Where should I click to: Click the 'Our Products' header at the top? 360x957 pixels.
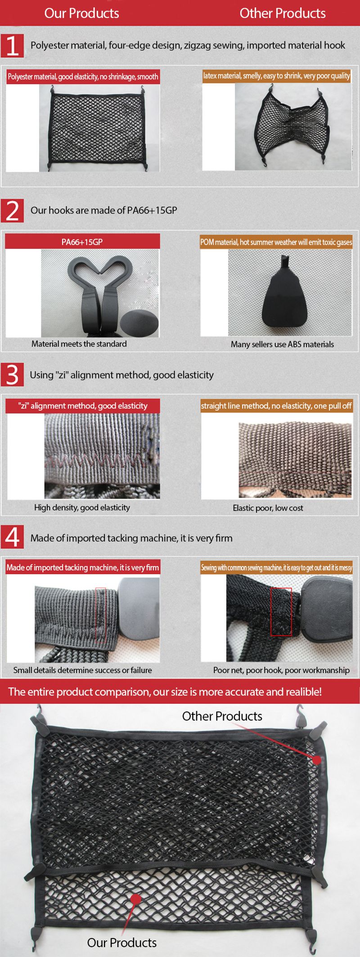click(81, 13)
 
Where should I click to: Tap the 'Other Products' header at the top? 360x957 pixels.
click(283, 13)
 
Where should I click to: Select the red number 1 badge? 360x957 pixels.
click(12, 45)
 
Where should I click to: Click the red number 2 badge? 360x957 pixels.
click(12, 211)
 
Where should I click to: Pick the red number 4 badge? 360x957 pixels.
click(12, 537)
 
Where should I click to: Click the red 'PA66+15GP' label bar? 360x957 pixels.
click(82, 242)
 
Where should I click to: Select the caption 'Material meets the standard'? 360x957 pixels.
click(79, 344)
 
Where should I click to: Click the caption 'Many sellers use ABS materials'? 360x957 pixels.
click(282, 344)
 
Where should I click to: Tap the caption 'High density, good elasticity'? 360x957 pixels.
click(82, 508)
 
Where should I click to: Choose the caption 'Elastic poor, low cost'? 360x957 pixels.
click(268, 508)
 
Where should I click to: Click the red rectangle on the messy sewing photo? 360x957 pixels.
click(281, 611)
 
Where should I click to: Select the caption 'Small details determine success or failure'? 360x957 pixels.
click(82, 670)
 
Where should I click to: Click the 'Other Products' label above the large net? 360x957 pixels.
click(222, 716)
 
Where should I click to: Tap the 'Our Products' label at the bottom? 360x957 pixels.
click(122, 943)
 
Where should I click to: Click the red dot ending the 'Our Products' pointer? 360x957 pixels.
click(135, 899)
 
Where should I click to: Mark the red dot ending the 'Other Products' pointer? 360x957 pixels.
click(317, 760)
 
